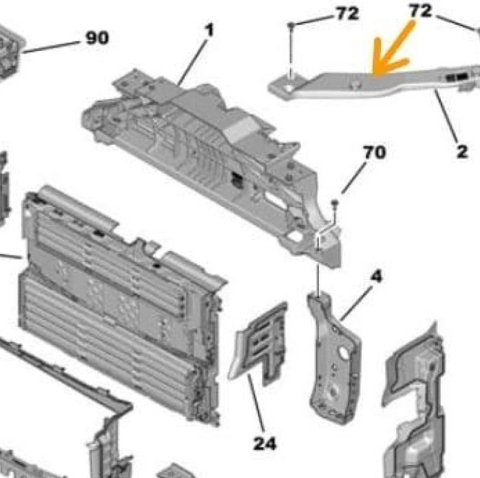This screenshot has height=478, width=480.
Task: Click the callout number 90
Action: click(x=97, y=38)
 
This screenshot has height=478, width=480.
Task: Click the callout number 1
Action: click(x=209, y=30)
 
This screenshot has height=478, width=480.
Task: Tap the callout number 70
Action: click(x=375, y=152)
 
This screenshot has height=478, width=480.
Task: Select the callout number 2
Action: click(x=462, y=151)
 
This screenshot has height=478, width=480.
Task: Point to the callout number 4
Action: click(x=376, y=276)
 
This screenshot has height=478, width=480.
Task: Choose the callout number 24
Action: click(x=265, y=444)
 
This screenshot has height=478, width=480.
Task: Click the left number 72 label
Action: click(x=347, y=14)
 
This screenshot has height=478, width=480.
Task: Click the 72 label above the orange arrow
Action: click(x=421, y=11)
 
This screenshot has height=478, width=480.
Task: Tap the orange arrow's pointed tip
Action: click(x=374, y=73)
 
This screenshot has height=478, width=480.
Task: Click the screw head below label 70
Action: click(x=335, y=202)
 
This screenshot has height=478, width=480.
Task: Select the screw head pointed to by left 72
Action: click(x=291, y=25)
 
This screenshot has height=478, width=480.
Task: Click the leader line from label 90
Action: click(x=50, y=47)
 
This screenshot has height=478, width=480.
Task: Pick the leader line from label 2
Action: click(x=446, y=115)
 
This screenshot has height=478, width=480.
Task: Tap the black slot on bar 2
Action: click(x=456, y=77)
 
